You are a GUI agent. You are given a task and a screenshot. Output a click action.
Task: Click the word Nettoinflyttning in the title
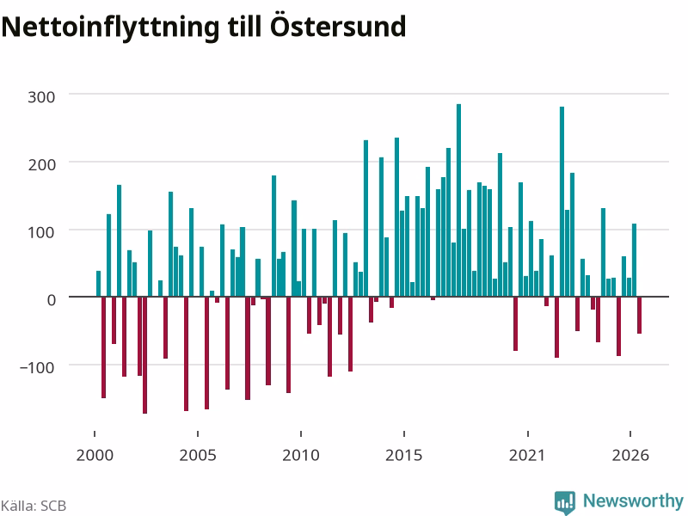(x=110, y=28)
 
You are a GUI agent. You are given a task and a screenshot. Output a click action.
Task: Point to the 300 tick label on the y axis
(x=41, y=97)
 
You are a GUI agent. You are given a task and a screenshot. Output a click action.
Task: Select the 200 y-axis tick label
(x=41, y=165)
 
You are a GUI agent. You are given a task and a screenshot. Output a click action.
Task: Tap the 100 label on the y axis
(x=41, y=232)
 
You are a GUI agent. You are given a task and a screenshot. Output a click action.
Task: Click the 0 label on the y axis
(x=52, y=300)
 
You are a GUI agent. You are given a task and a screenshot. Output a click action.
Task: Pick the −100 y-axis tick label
(x=37, y=368)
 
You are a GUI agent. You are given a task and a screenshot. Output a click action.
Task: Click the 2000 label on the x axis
(x=95, y=455)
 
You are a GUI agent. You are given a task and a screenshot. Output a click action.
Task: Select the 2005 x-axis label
(x=198, y=455)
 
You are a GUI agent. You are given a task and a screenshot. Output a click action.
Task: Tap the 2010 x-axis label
(x=301, y=455)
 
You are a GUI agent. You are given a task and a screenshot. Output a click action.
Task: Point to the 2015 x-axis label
(x=404, y=455)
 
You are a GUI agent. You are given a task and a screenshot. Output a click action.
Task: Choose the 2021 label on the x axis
(x=527, y=455)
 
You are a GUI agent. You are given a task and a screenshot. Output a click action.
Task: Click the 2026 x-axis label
(x=630, y=455)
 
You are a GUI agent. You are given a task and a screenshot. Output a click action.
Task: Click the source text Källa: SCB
(x=34, y=506)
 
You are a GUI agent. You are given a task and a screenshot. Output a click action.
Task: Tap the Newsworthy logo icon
(x=565, y=502)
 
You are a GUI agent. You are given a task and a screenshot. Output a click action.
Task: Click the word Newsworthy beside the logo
(x=633, y=501)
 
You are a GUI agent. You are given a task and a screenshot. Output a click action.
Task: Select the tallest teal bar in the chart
(x=459, y=200)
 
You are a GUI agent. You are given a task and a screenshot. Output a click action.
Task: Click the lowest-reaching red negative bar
(x=144, y=355)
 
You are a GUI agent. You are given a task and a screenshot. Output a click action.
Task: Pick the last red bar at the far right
(x=639, y=316)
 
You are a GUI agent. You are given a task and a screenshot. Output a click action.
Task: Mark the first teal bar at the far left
(x=98, y=284)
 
